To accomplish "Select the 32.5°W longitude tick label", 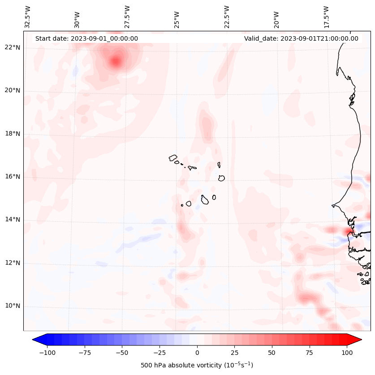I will tap(28, 17).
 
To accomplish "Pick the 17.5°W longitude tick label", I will tap(326, 17).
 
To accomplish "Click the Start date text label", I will tap(86, 38).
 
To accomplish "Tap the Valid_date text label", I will tap(301, 38).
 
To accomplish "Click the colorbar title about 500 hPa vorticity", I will tap(197, 365).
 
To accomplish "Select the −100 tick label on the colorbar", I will tap(46, 353).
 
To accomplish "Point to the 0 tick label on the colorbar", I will tap(197, 353).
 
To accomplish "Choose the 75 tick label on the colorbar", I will tap(310, 353).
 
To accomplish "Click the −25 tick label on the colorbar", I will tap(159, 353).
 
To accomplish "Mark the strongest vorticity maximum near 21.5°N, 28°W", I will tap(116, 61).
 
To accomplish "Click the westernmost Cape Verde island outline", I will tap(173, 158).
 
